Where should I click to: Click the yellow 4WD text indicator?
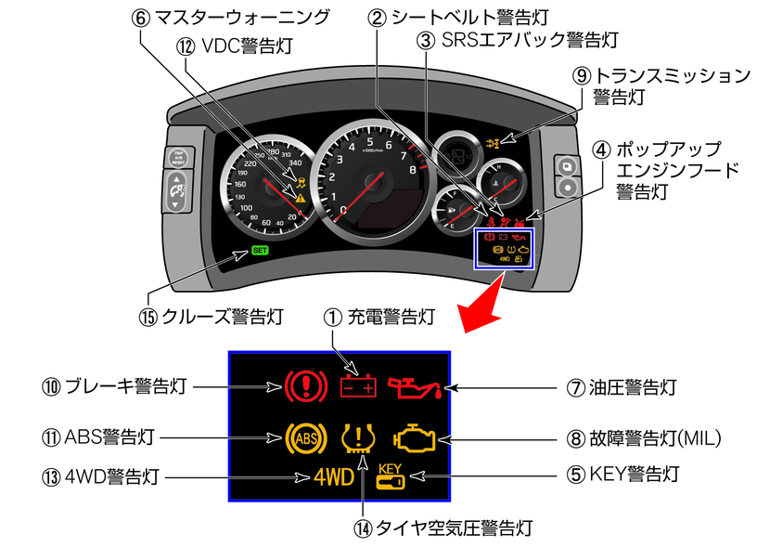(332, 478)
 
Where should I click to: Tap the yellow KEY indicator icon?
(391, 476)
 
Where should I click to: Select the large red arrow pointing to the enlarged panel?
(486, 308)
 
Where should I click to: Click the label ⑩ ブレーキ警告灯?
(115, 385)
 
